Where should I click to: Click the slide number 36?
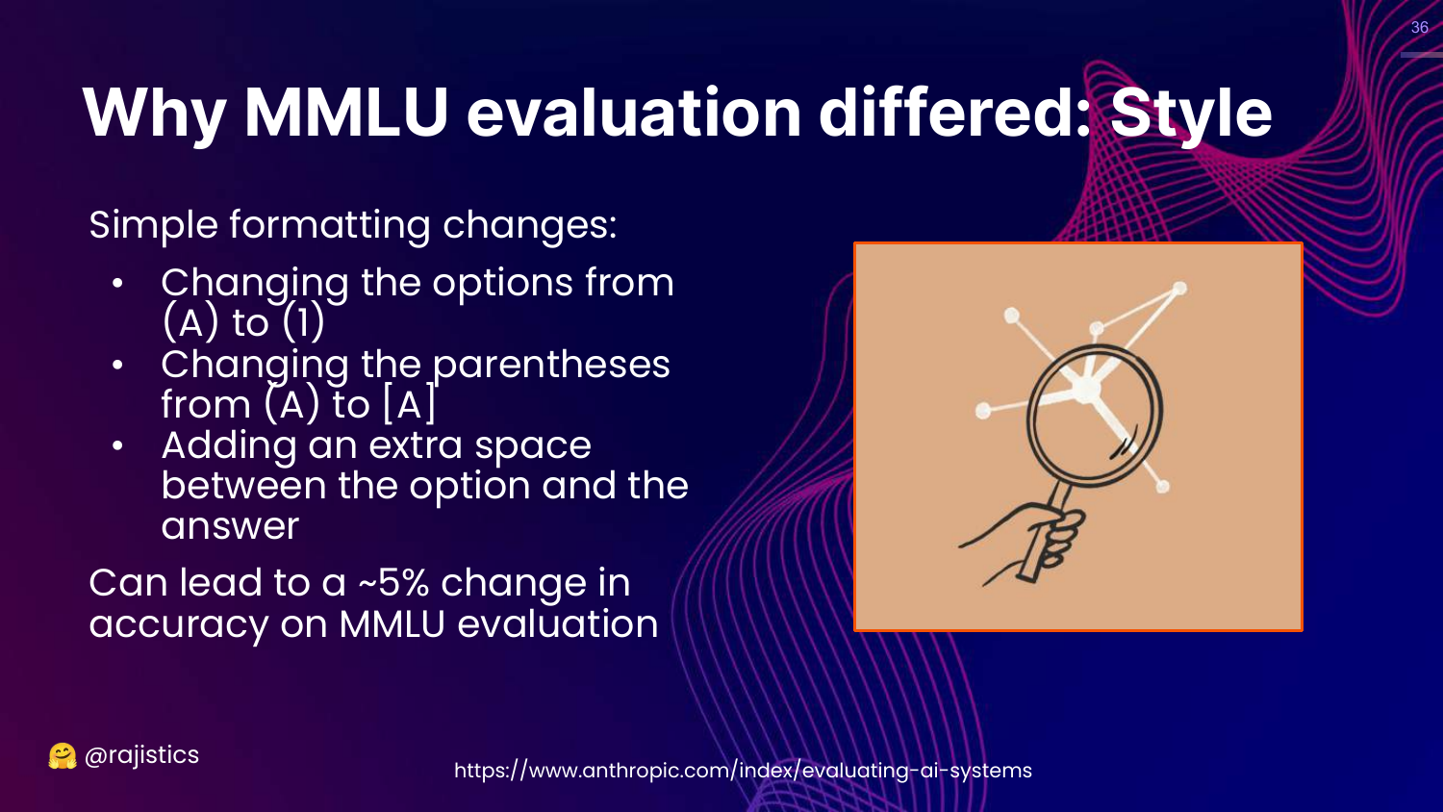pyautogui.click(x=1419, y=27)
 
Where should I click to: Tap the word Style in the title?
pyautogui.click(x=1191, y=114)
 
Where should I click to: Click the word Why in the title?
pyautogui.click(x=154, y=114)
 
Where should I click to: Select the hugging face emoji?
pyautogui.click(x=62, y=756)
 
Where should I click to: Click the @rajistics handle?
pyautogui.click(x=141, y=755)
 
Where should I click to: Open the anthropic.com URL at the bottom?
pyautogui.click(x=743, y=770)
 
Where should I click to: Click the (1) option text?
pyautogui.click(x=303, y=322)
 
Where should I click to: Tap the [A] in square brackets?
pyautogui.click(x=409, y=404)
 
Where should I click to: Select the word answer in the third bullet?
pyautogui.click(x=230, y=526)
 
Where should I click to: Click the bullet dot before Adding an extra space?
pyautogui.click(x=117, y=446)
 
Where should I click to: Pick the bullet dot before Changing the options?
pyautogui.click(x=117, y=284)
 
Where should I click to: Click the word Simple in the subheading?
pyautogui.click(x=153, y=225)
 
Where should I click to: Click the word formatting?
pyautogui.click(x=330, y=225)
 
